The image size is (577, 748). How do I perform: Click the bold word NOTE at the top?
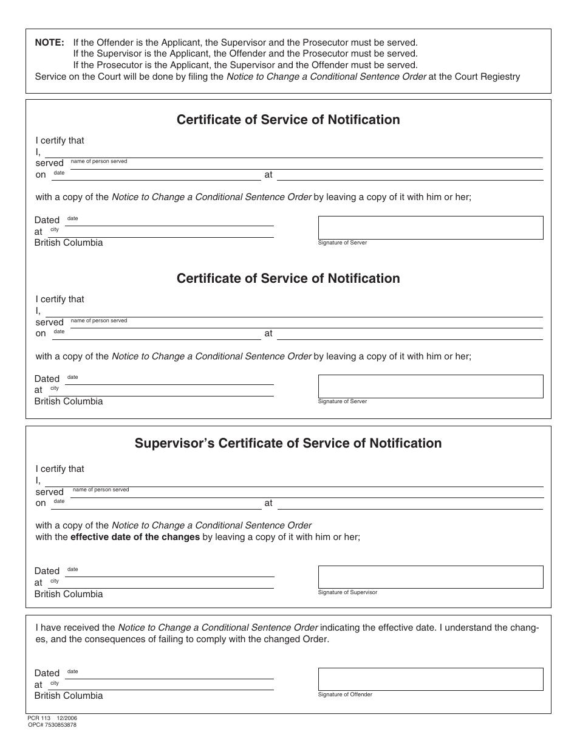click(49, 43)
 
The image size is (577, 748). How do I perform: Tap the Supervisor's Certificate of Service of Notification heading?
click(288, 443)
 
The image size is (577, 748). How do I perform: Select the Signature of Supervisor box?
click(430, 577)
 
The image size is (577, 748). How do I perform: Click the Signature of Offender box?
click(430, 679)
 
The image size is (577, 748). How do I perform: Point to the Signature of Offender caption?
click(345, 694)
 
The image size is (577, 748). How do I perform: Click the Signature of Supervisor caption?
click(347, 592)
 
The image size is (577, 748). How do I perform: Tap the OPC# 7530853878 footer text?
click(52, 725)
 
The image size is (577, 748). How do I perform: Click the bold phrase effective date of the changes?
click(135, 537)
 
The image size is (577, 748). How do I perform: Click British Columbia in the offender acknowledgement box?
click(69, 696)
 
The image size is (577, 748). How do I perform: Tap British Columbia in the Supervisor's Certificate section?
click(69, 594)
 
